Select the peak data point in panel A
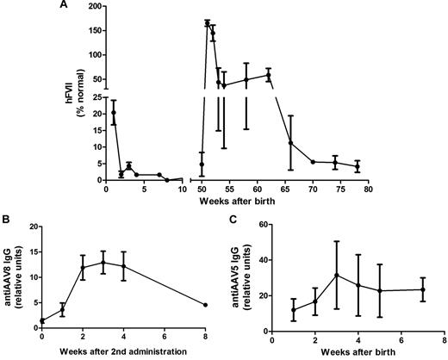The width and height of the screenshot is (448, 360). coord(208,23)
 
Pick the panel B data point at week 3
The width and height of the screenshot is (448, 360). coord(103,263)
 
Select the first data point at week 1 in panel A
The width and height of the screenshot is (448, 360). coord(114,112)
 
